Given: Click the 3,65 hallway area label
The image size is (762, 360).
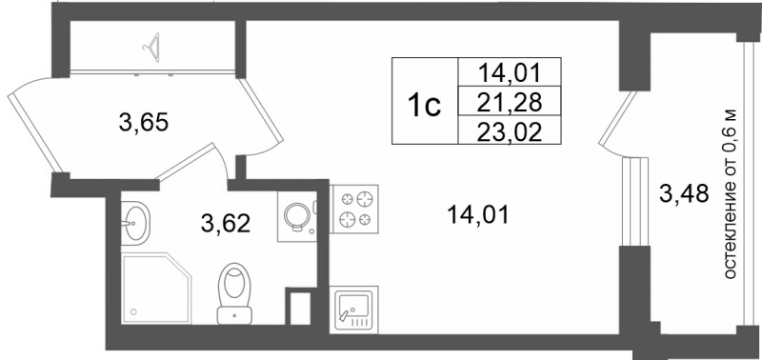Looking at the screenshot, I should pos(144,122).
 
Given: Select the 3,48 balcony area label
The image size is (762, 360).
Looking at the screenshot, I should pos(684,195).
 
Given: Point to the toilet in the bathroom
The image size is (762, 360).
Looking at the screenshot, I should pos(233,291).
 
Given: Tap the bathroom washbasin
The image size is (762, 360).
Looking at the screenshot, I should pos(136,223).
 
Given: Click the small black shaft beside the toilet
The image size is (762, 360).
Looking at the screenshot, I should pos(299,309).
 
